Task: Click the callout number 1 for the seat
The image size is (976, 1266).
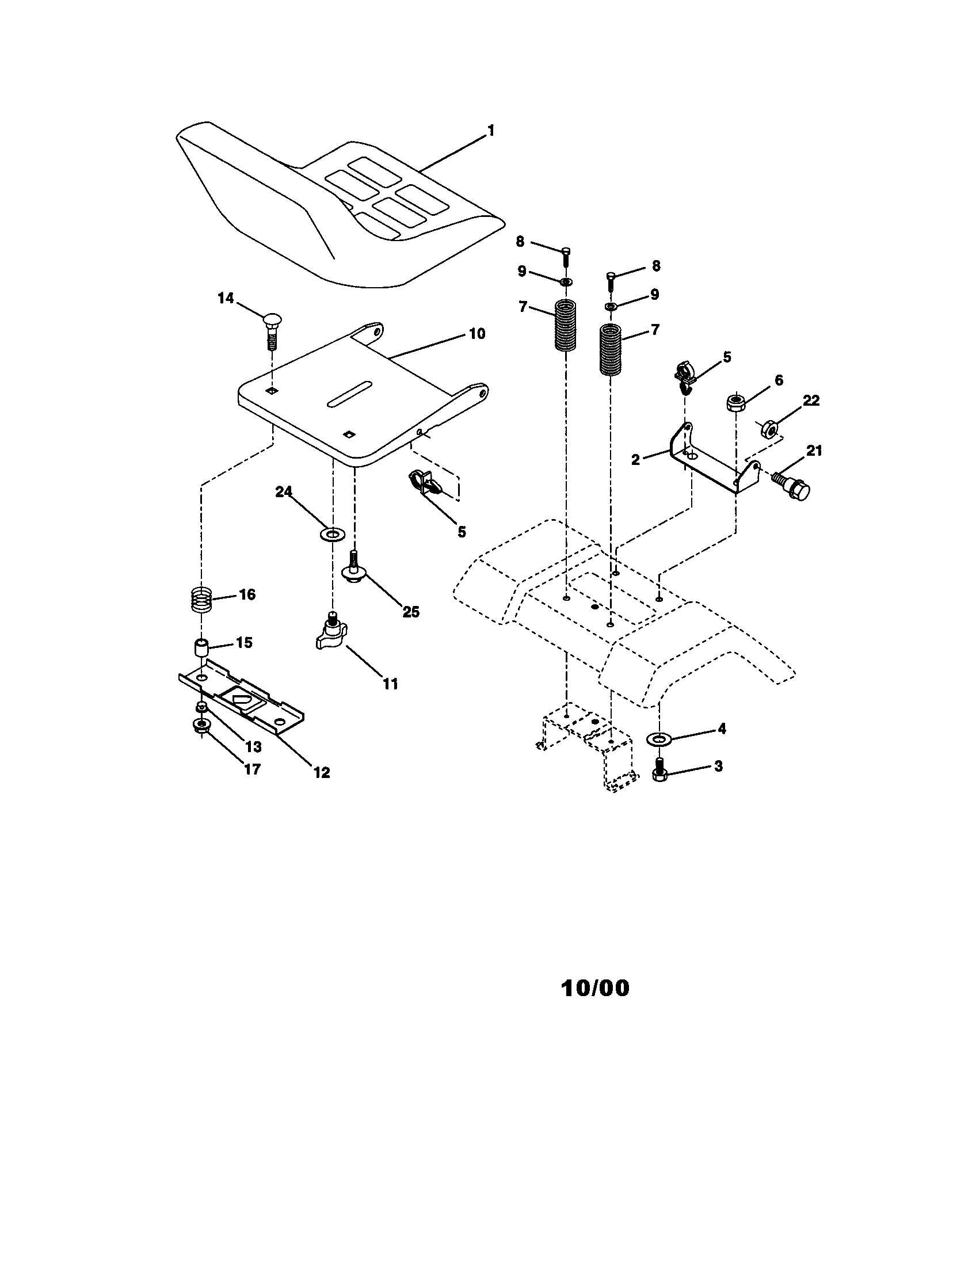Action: (491, 131)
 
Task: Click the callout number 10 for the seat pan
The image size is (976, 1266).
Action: (476, 334)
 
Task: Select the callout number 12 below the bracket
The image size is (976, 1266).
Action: (322, 772)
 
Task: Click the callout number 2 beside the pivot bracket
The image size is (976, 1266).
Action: (636, 460)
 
